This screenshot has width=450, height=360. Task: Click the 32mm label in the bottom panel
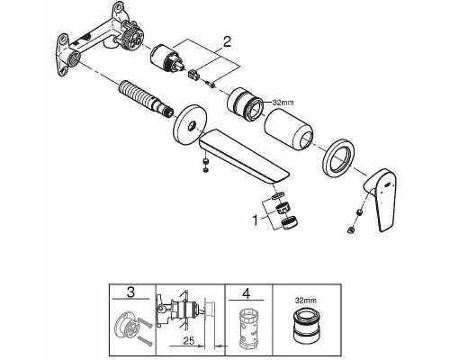click(306, 292)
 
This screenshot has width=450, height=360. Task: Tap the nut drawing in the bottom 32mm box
click(307, 325)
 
